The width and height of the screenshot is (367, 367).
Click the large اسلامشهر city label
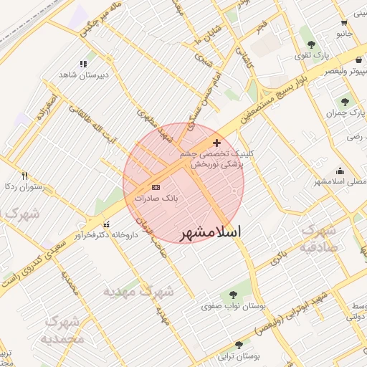click(208, 232)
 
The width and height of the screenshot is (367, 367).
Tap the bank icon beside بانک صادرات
click(156, 187)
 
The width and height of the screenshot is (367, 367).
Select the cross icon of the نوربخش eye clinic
click(217, 143)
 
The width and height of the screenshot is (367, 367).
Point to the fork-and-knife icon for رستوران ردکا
click(25, 176)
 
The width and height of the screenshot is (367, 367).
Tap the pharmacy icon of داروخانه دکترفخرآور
click(107, 225)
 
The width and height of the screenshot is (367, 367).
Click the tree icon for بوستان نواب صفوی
click(234, 295)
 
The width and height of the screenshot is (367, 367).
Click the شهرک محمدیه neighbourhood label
click(63, 330)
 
